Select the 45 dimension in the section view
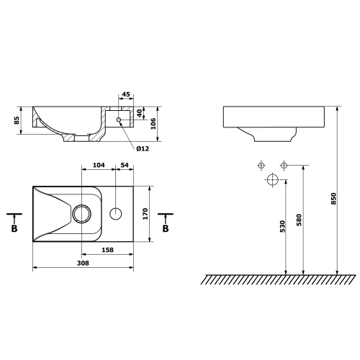click(x=125, y=94)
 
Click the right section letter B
click(x=166, y=228)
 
